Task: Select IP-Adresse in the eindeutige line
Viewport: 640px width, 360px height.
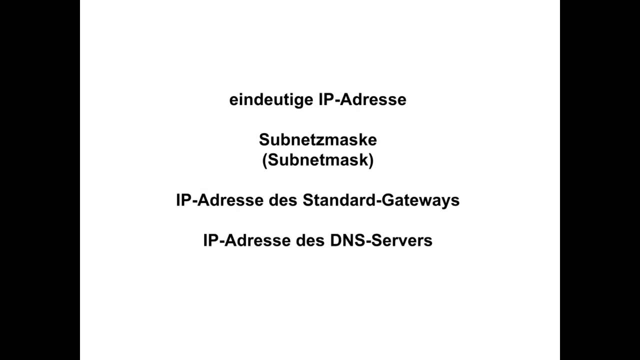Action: point(362,99)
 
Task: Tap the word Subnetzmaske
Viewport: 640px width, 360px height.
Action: point(317,140)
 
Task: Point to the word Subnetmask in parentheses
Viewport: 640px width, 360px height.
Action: point(317,160)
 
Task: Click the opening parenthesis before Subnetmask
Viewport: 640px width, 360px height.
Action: point(265,161)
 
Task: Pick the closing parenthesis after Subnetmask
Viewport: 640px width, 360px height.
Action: point(370,161)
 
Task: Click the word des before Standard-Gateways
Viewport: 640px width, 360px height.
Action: point(283,200)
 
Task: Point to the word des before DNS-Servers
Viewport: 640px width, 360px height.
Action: point(310,240)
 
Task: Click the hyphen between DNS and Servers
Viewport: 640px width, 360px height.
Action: point(366,241)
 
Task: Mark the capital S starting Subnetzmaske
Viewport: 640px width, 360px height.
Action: point(263,140)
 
